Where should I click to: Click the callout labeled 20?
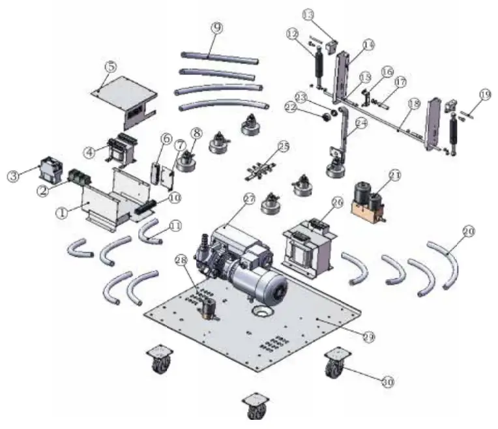pyautogui.click(x=468, y=230)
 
